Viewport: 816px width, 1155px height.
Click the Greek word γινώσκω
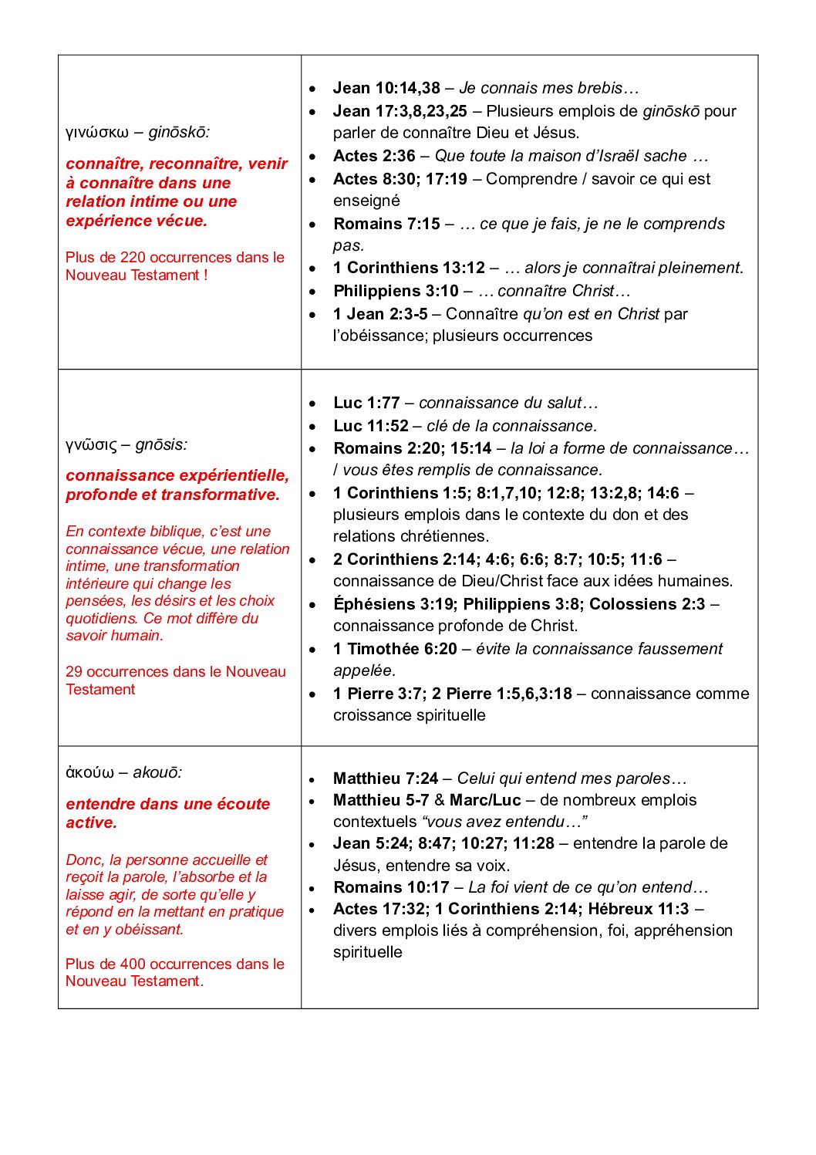[x=97, y=133]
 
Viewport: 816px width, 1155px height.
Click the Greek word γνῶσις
[x=91, y=445]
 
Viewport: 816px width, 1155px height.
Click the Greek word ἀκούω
[x=89, y=773]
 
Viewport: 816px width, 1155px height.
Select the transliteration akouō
[x=157, y=773]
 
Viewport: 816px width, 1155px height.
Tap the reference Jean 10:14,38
[x=386, y=88]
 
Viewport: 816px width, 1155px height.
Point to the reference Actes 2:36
[x=374, y=156]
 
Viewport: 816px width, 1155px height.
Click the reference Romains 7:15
[x=386, y=224]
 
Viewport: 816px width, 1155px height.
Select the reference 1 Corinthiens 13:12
[x=409, y=268]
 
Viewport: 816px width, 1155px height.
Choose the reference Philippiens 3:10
[x=396, y=291]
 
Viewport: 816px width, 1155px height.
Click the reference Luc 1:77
[x=366, y=403]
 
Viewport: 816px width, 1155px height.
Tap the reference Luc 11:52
[x=371, y=426]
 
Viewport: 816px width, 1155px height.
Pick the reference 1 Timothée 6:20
[x=395, y=649]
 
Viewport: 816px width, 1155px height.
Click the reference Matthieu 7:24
[x=386, y=778]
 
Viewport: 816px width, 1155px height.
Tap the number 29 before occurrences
[x=74, y=672]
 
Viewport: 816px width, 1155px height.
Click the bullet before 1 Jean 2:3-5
[x=312, y=315]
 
